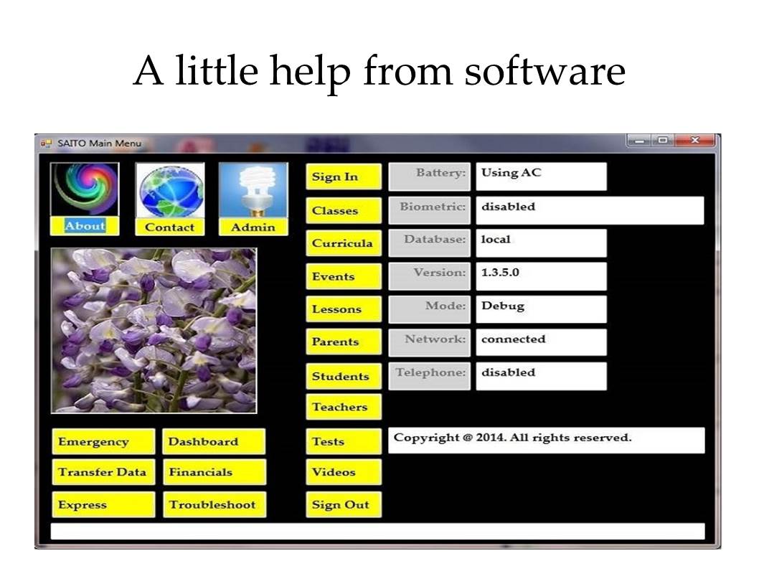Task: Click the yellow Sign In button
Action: click(344, 177)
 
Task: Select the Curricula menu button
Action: click(344, 243)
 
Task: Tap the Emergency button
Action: click(103, 442)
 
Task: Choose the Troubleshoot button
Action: click(214, 504)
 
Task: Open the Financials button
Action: click(214, 472)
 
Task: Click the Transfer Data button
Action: click(103, 472)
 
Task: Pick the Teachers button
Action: click(344, 407)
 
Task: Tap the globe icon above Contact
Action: click(170, 190)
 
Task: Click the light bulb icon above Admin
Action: click(254, 190)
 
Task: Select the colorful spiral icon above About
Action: click(85, 189)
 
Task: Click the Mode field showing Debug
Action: click(541, 309)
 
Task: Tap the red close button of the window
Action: click(695, 141)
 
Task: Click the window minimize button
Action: click(639, 141)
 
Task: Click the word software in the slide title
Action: click(545, 71)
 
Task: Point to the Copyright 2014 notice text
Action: click(513, 438)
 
